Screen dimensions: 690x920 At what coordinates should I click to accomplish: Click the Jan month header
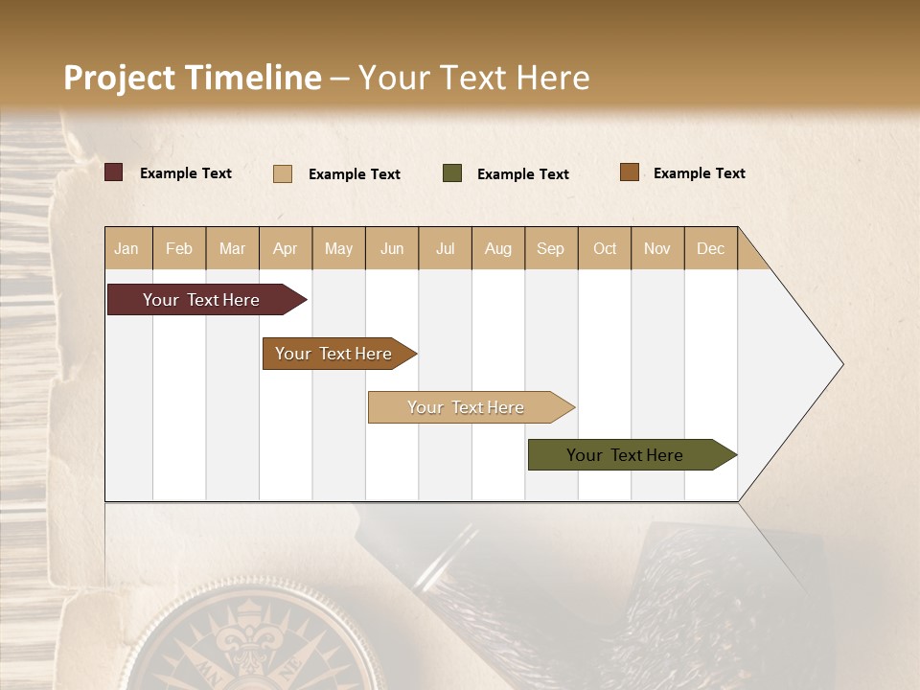click(127, 248)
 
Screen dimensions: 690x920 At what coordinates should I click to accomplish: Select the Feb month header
click(179, 248)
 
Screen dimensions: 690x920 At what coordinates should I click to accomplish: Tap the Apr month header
click(286, 248)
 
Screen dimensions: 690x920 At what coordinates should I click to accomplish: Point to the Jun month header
click(392, 248)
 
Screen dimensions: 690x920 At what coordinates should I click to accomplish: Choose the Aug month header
click(498, 248)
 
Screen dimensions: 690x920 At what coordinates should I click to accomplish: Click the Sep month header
click(551, 248)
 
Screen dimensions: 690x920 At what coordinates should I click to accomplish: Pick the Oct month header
click(605, 248)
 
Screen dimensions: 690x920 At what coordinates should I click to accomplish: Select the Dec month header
click(711, 248)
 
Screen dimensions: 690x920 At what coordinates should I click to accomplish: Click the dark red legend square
click(114, 172)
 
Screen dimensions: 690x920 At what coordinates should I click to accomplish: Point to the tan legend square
click(283, 173)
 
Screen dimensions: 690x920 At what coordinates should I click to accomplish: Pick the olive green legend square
click(452, 173)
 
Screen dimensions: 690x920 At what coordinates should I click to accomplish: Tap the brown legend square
click(630, 172)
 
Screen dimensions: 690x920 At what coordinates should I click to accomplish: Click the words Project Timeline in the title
click(192, 78)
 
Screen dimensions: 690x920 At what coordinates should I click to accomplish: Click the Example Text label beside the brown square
click(699, 173)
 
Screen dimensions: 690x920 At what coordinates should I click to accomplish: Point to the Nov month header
click(657, 248)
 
